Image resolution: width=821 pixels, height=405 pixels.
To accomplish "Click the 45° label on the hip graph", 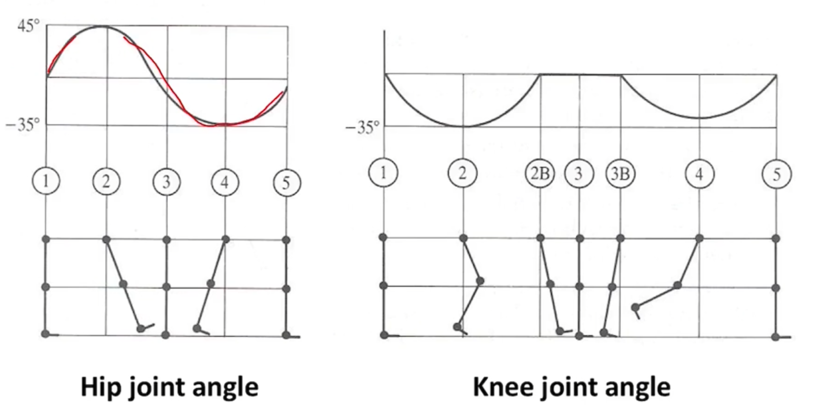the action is (28, 26).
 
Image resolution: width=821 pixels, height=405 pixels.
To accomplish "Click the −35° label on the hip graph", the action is (23, 125).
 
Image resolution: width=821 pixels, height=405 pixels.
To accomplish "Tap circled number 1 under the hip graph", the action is (46, 182).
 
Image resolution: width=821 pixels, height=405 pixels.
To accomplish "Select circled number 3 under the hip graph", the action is (167, 182).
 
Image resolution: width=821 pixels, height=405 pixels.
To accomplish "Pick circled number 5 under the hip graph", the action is (287, 183).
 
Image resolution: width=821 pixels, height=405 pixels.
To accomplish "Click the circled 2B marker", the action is (540, 174).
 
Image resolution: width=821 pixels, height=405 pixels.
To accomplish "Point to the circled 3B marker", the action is (620, 174).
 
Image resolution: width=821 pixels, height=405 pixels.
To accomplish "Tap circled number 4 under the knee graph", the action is (699, 174).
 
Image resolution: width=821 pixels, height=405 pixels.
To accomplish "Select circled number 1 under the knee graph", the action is (383, 173).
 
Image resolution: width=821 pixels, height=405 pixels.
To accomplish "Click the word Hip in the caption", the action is (98, 387).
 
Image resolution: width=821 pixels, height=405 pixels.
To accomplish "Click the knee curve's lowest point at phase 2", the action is (464, 126).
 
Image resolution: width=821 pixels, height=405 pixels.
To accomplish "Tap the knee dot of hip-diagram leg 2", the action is (123, 284).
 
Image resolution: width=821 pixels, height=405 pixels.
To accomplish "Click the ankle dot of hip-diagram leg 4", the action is (196, 328).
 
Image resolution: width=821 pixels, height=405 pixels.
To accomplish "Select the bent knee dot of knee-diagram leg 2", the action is (480, 281).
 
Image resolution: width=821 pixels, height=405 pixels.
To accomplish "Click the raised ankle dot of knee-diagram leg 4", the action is (635, 307).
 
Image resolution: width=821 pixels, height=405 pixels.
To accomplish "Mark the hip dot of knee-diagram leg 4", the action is (699, 238).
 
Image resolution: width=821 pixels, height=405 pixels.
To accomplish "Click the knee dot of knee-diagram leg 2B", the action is (550, 284).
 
